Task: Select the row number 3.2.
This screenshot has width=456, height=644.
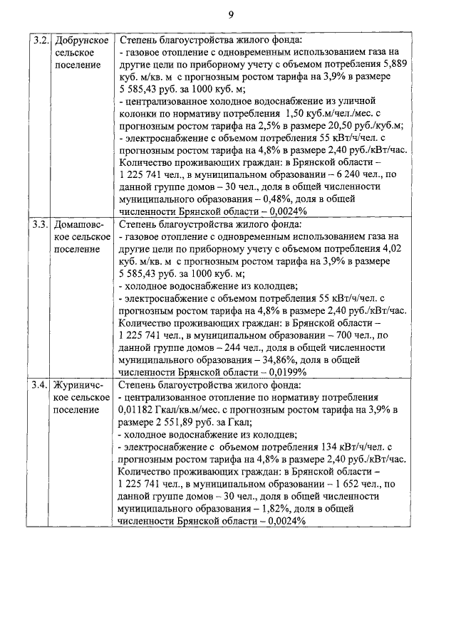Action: tap(40, 41)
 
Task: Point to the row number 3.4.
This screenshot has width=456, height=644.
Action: tap(40, 385)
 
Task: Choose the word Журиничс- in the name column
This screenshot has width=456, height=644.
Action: tap(81, 385)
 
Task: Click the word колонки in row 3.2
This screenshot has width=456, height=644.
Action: tap(141, 113)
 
